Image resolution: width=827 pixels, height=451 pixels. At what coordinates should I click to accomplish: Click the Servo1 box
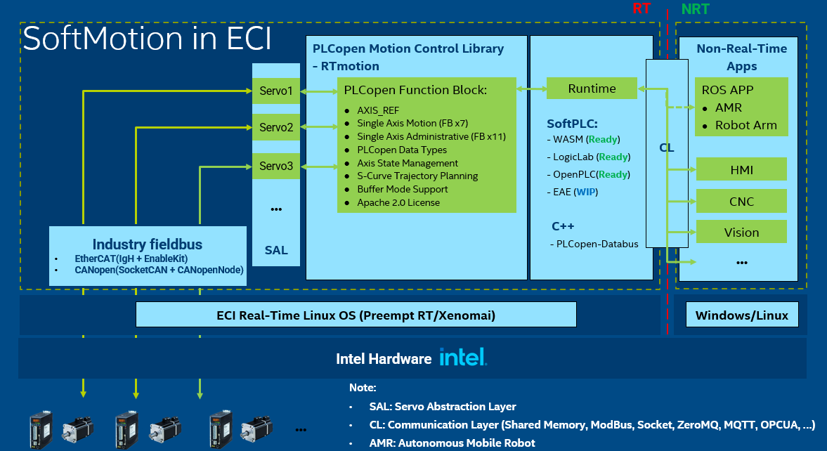[x=276, y=91]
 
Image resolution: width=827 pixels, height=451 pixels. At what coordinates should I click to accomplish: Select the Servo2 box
[x=276, y=128]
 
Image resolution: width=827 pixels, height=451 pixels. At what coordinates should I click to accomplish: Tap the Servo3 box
[x=276, y=166]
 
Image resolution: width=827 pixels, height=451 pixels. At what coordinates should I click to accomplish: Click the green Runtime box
[x=592, y=89]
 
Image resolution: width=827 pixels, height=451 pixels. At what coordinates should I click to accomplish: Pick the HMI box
[x=741, y=169]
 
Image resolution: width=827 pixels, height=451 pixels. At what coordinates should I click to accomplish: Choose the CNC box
[x=741, y=202]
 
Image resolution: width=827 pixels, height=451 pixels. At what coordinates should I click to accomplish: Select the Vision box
[x=741, y=233]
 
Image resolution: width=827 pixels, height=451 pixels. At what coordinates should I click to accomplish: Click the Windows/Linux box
[x=741, y=315]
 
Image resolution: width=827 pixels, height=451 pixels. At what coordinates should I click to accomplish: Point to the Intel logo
[x=463, y=358]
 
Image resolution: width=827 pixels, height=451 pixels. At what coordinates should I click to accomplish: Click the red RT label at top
[x=641, y=9]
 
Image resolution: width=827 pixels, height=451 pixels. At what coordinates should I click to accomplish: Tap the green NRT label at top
[x=696, y=9]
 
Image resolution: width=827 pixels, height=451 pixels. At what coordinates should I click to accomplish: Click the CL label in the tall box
[x=666, y=148]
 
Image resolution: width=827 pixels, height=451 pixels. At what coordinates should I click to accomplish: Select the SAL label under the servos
[x=276, y=250]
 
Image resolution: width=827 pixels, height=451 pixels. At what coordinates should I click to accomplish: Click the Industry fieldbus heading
[x=148, y=244]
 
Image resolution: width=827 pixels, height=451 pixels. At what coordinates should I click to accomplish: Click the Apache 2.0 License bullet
[x=398, y=202]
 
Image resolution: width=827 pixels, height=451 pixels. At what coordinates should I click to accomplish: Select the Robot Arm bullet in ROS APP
[x=745, y=125]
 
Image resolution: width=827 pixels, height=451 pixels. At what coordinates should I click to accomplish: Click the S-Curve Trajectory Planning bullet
[x=417, y=176]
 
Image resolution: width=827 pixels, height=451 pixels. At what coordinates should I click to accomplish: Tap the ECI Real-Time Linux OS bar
[x=356, y=315]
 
